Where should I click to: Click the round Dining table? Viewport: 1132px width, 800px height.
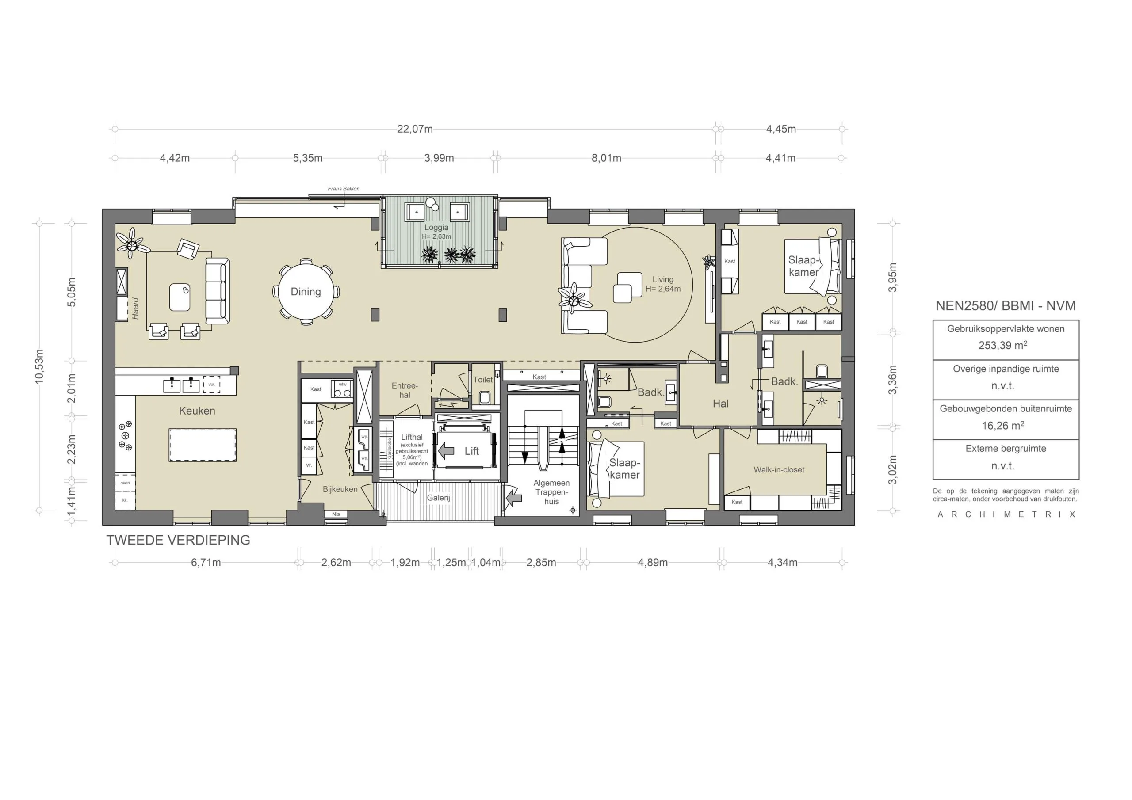tap(306, 292)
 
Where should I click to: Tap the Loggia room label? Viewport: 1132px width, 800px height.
tap(436, 228)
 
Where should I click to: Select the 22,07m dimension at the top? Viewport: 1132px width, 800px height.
tap(415, 129)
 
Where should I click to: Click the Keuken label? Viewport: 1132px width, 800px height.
tap(197, 411)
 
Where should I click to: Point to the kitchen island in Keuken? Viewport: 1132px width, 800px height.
tap(203, 445)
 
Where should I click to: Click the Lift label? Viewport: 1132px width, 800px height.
tap(471, 451)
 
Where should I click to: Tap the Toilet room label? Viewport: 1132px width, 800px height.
tap(483, 380)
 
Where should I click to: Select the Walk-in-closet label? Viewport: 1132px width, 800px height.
tap(779, 470)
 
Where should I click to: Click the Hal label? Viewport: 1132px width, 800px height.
tap(720, 404)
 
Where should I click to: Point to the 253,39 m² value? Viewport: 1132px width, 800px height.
tap(1002, 345)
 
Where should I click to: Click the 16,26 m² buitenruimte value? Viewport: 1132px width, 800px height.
tap(1002, 425)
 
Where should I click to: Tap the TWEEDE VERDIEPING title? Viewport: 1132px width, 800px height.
tap(178, 540)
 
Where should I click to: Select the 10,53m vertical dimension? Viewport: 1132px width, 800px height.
tap(39, 366)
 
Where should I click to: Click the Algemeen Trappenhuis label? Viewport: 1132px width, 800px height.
tap(551, 492)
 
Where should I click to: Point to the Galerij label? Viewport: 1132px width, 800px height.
tap(438, 498)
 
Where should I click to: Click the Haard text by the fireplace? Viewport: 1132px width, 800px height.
tap(135, 308)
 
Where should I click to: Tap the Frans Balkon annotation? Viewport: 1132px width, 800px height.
tap(344, 189)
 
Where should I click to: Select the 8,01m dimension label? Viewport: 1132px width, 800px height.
tap(606, 158)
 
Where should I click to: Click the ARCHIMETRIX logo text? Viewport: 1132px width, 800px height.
tap(1006, 514)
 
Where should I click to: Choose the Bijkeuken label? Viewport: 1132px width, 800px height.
tap(340, 489)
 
